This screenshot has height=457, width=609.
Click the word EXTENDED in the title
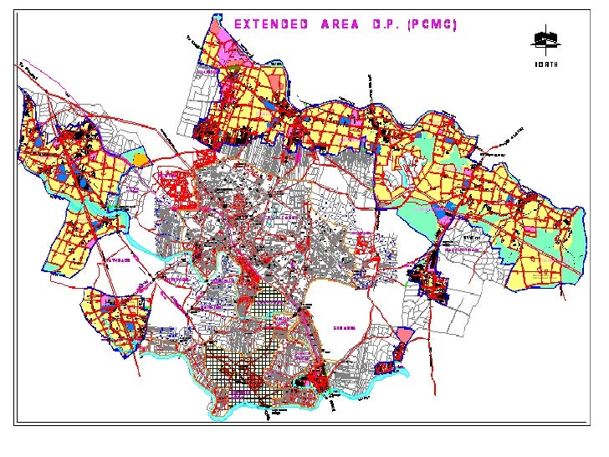[270, 24]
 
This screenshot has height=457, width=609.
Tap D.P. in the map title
[386, 24]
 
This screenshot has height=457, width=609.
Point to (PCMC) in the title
[431, 24]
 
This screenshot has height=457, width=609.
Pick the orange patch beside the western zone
[141, 158]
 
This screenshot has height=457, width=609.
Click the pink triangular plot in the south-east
[404, 336]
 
